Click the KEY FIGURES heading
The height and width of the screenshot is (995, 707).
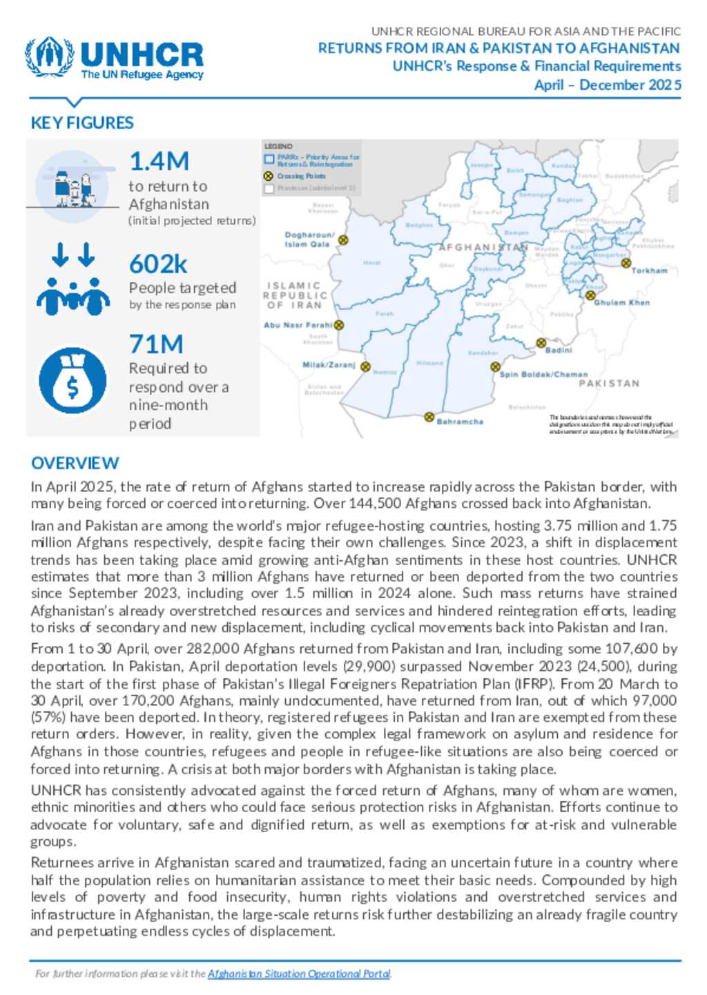82,123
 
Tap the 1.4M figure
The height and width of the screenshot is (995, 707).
159,161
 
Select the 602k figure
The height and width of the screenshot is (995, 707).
158,264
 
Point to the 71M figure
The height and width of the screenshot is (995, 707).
156,344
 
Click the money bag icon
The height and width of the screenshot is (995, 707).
72,380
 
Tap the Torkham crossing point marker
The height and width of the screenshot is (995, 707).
626,263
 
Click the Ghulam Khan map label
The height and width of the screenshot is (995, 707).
621,302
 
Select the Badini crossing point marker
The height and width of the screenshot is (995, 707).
541,343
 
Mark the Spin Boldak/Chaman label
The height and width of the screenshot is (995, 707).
543,375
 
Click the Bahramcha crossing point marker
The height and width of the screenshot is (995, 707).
429,417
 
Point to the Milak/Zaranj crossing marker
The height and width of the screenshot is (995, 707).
365,367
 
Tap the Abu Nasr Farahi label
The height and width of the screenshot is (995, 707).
298,325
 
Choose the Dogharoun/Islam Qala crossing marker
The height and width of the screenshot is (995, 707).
343,240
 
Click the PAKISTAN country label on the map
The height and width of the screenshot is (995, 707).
608,384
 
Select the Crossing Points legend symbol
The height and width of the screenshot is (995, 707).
269,176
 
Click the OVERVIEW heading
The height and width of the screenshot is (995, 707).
75,463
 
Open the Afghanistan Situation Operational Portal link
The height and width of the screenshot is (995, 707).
299,974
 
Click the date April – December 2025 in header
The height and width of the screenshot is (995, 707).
607,85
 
